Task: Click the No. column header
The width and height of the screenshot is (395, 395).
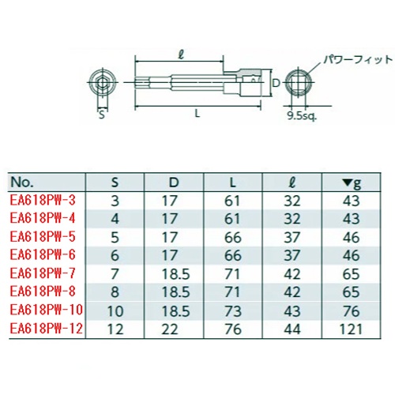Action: coord(22,182)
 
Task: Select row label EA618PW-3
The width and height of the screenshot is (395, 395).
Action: coord(43,200)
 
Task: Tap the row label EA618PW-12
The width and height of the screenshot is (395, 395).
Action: coord(47,329)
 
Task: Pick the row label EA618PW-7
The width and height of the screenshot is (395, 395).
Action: coord(43,273)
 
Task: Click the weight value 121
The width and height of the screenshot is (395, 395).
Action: coord(352,329)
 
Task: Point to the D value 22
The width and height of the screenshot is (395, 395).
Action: coord(170,329)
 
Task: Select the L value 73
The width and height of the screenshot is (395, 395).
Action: coord(233,311)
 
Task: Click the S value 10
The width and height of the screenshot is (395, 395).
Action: coord(115,311)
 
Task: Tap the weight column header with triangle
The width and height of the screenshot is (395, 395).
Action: coord(352,182)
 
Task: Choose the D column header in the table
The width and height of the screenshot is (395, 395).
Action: coord(174,182)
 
